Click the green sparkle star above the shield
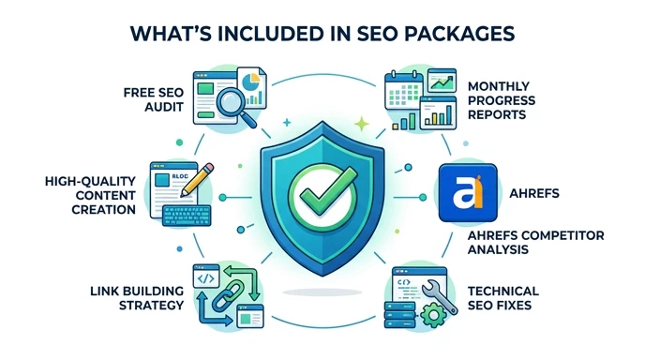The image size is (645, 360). pyautogui.click(x=361, y=123)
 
